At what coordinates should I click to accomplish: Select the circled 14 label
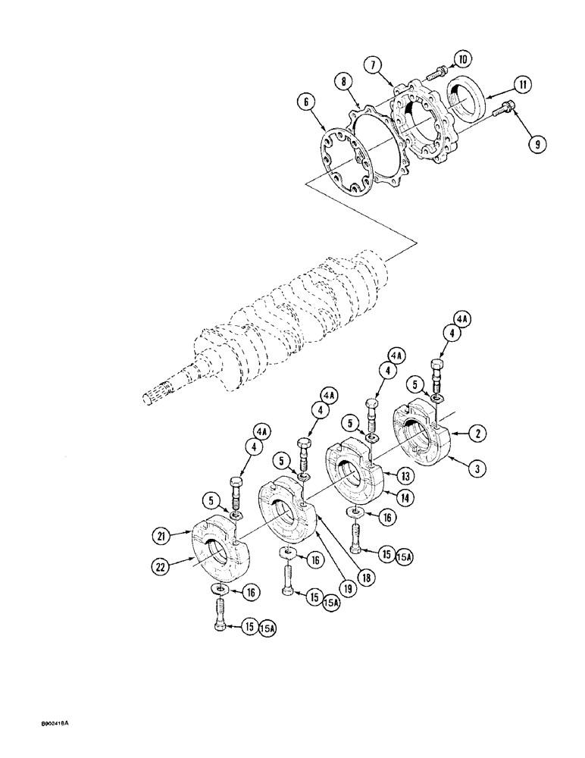coord(405,498)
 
